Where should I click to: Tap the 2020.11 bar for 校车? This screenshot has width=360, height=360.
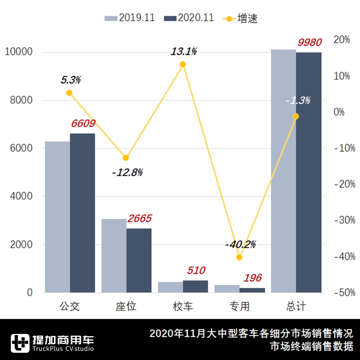[195, 287]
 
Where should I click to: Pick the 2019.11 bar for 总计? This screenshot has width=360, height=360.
[283, 171]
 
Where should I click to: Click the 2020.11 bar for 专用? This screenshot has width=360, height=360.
[252, 290]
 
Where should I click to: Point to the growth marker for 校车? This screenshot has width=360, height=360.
[183, 64]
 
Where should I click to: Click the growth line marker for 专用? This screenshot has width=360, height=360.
[239, 257]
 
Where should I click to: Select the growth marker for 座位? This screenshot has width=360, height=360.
[126, 158]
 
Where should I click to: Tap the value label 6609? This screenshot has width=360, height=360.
[83, 124]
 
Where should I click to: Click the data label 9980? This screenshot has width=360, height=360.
[310, 43]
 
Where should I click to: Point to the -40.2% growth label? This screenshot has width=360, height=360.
[240, 244]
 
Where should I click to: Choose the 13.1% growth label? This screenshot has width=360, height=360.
[183, 51]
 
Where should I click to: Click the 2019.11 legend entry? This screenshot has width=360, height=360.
[130, 18]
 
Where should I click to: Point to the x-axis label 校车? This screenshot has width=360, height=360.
[183, 307]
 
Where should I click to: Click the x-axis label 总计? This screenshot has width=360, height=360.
[296, 307]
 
